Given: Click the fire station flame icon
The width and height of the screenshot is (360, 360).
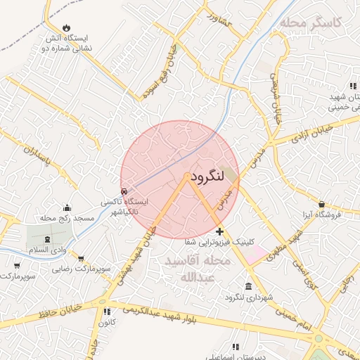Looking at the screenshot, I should tap(66, 28).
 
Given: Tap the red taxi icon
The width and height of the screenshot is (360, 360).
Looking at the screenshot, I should tap(124, 191).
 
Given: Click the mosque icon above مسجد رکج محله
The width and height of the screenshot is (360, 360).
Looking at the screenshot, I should tap(67, 207).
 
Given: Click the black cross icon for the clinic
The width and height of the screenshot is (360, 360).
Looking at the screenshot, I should tap(219, 231).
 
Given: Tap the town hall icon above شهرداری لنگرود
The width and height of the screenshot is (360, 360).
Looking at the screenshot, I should tap(249, 285).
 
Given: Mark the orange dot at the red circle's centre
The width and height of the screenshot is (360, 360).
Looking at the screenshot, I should tap(187, 176).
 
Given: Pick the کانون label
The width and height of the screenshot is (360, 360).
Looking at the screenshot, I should tap(106, 323).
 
